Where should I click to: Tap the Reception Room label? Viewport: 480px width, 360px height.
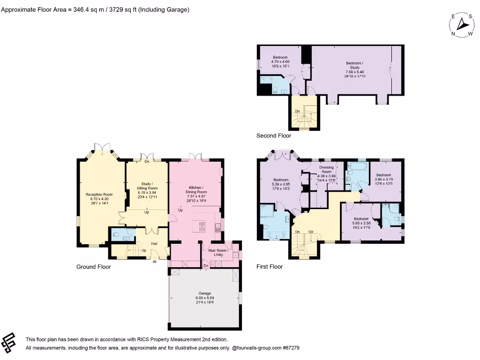[x=99, y=195]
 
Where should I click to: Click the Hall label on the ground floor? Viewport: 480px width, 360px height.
[x=154, y=244]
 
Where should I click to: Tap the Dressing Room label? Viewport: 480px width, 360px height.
[x=326, y=170]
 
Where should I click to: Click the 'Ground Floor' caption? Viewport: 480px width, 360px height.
[x=93, y=267]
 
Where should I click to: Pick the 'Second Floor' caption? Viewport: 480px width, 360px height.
[x=273, y=136]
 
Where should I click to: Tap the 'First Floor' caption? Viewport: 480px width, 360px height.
[x=270, y=267]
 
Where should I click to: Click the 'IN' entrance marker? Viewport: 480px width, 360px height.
[x=154, y=262]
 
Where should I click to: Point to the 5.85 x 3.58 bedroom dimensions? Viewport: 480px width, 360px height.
[x=361, y=223]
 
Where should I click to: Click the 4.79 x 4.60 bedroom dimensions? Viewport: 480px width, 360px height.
[x=280, y=62]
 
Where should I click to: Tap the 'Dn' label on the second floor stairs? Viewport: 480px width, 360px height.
[x=297, y=111]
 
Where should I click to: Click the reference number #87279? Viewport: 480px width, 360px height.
[x=290, y=348]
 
